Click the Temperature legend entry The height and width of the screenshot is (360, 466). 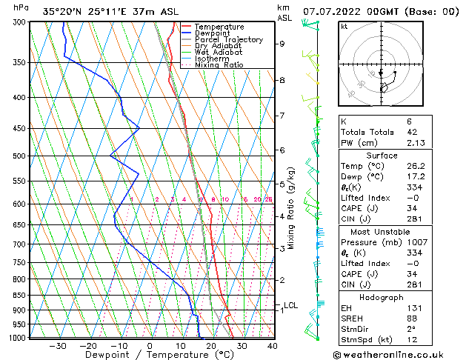pos(219,27)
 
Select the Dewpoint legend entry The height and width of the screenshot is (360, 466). pos(214,33)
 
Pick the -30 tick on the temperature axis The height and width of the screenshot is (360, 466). pos(57,345)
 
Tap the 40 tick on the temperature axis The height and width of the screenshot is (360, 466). pos(272,345)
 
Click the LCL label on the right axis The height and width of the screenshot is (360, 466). pos(290,305)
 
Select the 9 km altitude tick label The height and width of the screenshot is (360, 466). pos(282,44)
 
